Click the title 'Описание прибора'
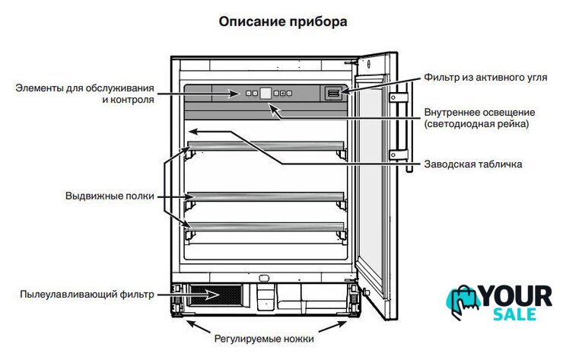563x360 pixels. pyautogui.click(x=283, y=21)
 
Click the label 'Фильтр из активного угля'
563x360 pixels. pyautogui.click(x=485, y=77)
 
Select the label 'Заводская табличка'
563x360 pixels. pyautogui.click(x=473, y=164)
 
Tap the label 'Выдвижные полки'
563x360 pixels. pyautogui.click(x=110, y=196)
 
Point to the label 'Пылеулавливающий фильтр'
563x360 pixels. pyautogui.click(x=87, y=295)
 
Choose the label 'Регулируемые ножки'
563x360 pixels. pyautogui.click(x=264, y=339)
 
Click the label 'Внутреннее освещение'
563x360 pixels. pyautogui.click(x=479, y=113)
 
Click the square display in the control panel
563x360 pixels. pyautogui.click(x=266, y=94)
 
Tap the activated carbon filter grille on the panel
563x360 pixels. pyautogui.click(x=333, y=94)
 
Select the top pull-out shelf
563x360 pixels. pyautogui.click(x=266, y=146)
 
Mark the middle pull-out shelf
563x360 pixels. pyautogui.click(x=266, y=196)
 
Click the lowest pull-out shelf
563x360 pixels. pyautogui.click(x=266, y=227)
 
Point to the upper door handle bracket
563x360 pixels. pyautogui.click(x=399, y=97)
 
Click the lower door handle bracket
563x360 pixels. pyautogui.click(x=399, y=155)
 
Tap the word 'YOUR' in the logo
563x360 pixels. pyautogui.click(x=517, y=297)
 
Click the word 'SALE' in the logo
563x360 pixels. pyautogui.click(x=514, y=314)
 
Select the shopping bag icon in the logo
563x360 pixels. pyautogui.click(x=463, y=302)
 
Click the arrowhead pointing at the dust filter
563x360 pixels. pyautogui.click(x=212, y=295)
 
